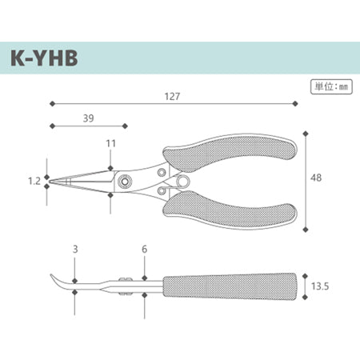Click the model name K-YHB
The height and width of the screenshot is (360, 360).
44,58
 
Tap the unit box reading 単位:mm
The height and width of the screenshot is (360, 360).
331,86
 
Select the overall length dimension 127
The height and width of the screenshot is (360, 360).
172,96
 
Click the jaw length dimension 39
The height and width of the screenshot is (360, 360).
88,118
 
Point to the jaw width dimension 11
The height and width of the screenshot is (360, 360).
110,143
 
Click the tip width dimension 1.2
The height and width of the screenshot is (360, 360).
34,181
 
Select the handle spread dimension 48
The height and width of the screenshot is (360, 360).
316,178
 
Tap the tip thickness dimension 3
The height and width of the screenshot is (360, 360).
75,249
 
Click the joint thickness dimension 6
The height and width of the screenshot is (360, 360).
144,249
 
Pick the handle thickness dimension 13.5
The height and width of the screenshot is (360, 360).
320,286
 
